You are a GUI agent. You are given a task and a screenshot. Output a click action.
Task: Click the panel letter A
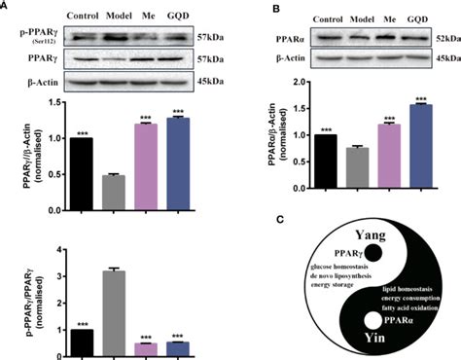(6, 6)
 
